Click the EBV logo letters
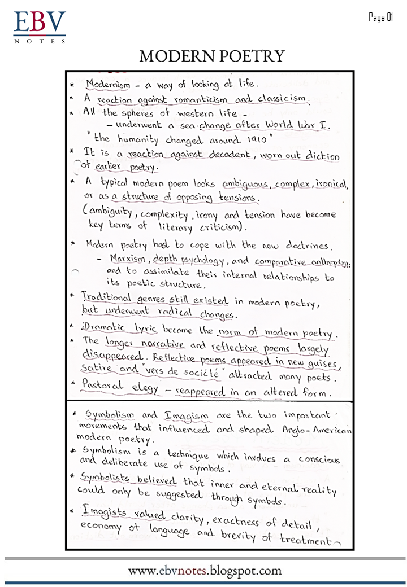pyautogui.click(x=40, y=23)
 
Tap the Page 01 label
pyautogui.click(x=380, y=17)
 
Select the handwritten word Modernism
pyautogui.click(x=108, y=85)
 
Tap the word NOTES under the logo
pyautogui.click(x=40, y=41)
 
